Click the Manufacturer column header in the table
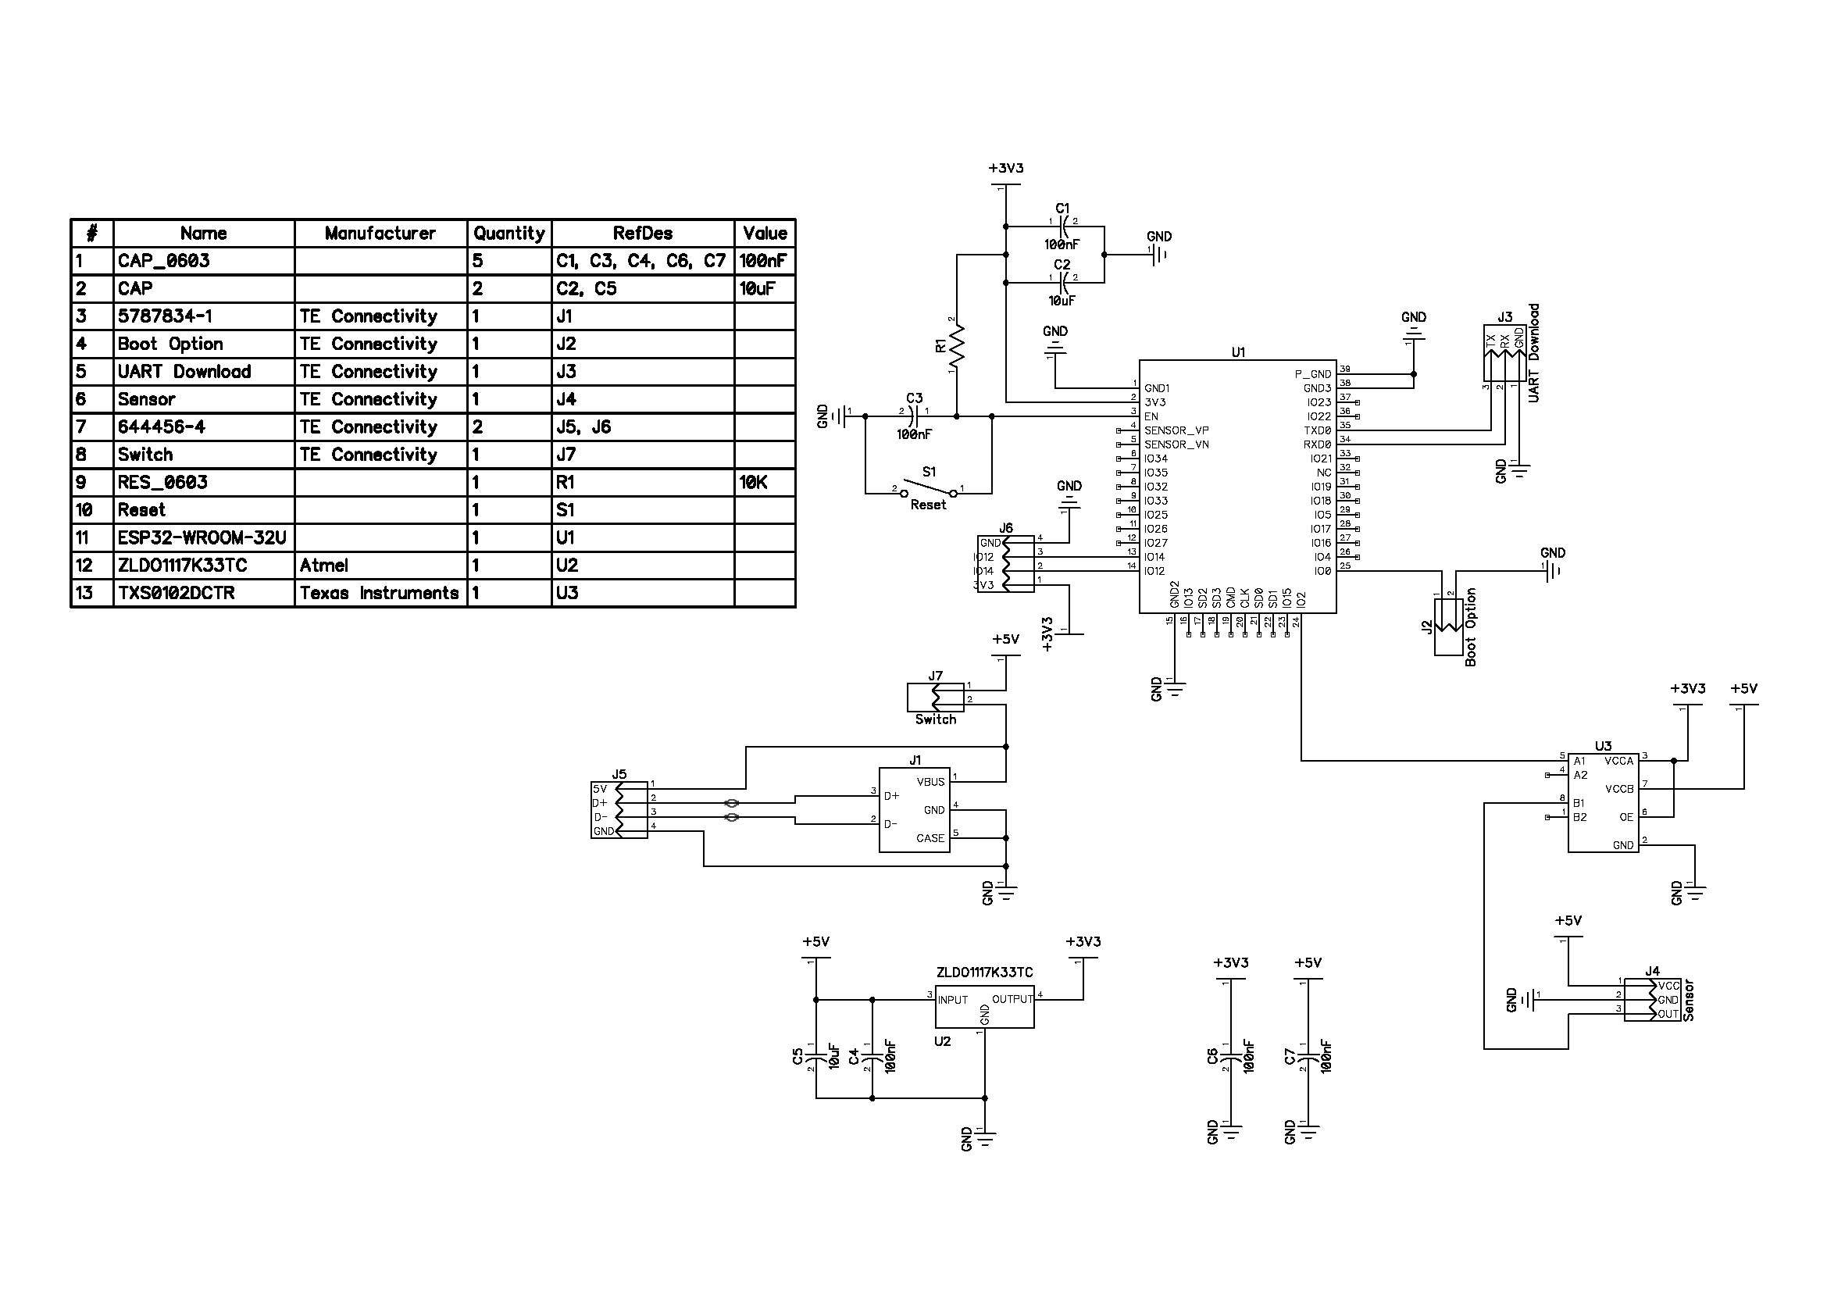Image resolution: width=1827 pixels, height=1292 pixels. click(380, 233)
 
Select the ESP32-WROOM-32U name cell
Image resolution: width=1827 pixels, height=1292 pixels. click(202, 537)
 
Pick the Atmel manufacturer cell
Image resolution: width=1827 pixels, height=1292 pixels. click(324, 566)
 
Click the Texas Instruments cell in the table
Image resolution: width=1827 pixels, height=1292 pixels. click(380, 594)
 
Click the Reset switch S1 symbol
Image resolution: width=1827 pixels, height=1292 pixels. click(929, 487)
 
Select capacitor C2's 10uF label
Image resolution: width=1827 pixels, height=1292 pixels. click(1062, 302)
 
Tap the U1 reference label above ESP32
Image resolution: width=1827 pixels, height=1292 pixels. click(1238, 352)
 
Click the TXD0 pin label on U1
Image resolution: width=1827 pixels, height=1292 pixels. click(1317, 430)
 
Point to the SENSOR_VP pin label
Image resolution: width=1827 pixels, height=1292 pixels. click(1176, 430)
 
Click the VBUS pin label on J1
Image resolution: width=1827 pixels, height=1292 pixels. click(930, 782)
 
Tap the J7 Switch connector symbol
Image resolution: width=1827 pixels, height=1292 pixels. click(935, 698)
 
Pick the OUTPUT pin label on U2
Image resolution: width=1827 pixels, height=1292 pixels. click(1012, 999)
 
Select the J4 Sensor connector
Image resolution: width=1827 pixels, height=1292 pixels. click(1651, 1000)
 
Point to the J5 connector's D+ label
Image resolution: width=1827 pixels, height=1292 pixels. click(599, 804)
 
